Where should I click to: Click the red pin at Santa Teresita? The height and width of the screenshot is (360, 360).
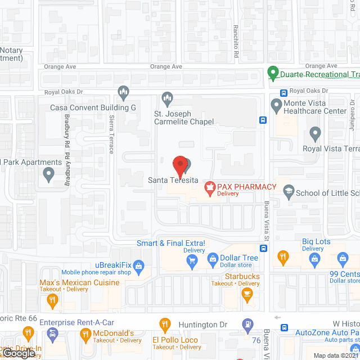[179, 164]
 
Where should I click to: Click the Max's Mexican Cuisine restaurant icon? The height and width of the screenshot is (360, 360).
[52, 300]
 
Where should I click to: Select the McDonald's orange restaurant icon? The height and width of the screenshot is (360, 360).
[85, 335]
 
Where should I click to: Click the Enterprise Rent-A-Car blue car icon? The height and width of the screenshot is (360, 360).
[52, 336]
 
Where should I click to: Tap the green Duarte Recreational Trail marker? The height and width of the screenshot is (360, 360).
[273, 73]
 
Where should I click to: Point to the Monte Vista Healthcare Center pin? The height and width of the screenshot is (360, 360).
[276, 105]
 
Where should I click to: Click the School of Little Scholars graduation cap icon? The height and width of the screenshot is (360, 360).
[289, 191]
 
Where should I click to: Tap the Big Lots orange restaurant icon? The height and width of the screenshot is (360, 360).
[283, 259]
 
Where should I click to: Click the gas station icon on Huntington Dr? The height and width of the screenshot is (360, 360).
[246, 325]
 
